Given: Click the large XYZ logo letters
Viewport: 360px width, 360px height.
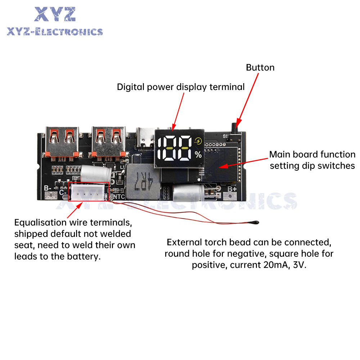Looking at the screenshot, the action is [x=55, y=14].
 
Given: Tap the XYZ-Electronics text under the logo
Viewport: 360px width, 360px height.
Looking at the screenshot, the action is [x=55, y=32].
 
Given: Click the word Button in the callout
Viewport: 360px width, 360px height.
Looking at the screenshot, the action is [x=260, y=68].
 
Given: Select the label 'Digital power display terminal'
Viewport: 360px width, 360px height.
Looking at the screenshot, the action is [x=181, y=87].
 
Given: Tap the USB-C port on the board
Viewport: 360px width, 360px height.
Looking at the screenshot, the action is [x=145, y=138].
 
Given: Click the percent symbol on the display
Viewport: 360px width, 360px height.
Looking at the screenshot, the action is [x=198, y=154].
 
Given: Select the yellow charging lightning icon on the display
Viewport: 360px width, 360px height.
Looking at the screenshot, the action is [x=198, y=141].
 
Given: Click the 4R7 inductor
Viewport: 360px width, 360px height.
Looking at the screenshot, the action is [x=143, y=181].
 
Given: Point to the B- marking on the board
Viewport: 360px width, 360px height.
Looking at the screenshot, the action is [x=48, y=188].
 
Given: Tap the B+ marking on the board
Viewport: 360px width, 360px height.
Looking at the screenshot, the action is [x=232, y=189].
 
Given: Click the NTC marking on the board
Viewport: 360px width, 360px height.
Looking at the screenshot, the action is [x=119, y=197].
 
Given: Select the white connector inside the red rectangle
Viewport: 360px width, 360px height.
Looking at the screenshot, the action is [x=88, y=192].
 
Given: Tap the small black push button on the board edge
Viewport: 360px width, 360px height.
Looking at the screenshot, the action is [x=235, y=129].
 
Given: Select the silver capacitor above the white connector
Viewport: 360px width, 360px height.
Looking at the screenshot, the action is [x=96, y=173].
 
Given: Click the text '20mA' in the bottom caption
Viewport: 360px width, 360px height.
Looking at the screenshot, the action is [x=276, y=265].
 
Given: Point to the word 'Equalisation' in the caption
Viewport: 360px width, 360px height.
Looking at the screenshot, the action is [x=40, y=222].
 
